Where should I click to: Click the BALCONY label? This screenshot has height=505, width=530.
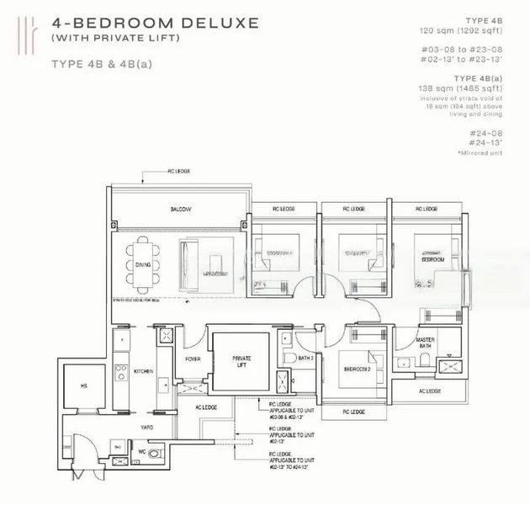[x=178, y=209]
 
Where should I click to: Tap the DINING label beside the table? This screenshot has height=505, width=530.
[x=142, y=265]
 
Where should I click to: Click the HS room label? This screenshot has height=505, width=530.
[x=85, y=387]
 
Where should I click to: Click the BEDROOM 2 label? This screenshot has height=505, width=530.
[x=358, y=370]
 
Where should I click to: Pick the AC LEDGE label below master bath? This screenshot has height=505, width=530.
[x=429, y=391]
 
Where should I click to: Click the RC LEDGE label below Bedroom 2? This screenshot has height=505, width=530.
[x=354, y=412]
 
